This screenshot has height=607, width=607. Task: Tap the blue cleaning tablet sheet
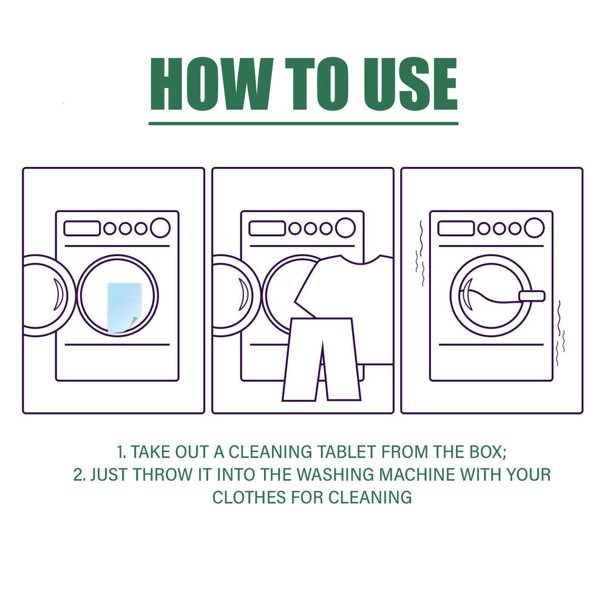tap(124, 307)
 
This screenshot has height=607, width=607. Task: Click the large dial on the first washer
tap(160, 228)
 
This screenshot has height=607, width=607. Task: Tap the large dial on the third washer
tap(534, 228)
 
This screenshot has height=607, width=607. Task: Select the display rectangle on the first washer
tap(82, 228)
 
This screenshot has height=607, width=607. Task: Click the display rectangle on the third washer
tap(456, 228)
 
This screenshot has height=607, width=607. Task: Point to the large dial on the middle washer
tap(345, 228)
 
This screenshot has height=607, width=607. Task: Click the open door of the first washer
tap(46, 296)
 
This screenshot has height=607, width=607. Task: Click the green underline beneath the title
tap(303, 123)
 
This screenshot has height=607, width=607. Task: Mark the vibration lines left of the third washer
tap(418, 255)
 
